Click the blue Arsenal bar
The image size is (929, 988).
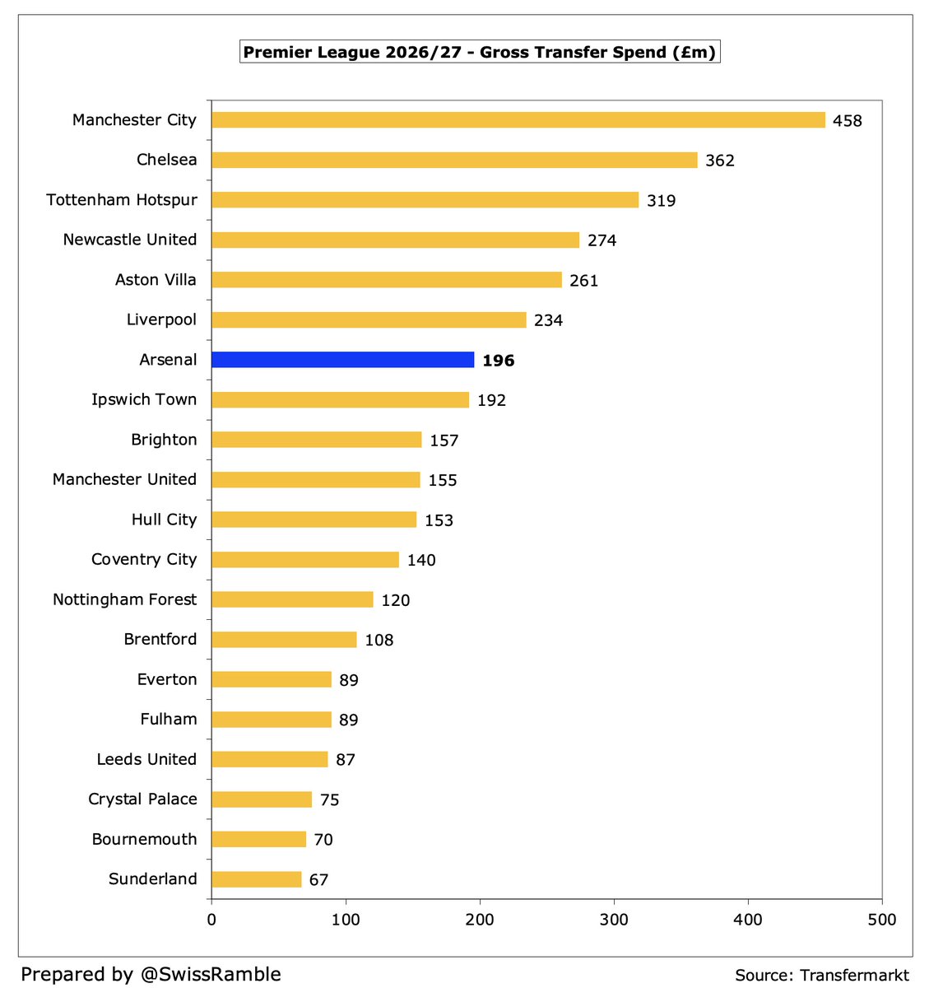(x=342, y=360)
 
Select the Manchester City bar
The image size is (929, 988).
(x=518, y=120)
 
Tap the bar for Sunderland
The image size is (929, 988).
(x=257, y=879)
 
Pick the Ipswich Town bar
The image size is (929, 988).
(x=340, y=399)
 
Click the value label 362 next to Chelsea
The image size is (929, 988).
(x=720, y=161)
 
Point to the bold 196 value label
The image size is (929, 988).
(x=499, y=360)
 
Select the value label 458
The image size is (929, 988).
(x=848, y=120)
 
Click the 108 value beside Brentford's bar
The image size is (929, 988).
(x=379, y=640)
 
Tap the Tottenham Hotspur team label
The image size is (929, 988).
(x=122, y=199)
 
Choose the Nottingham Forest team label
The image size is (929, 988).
(x=125, y=599)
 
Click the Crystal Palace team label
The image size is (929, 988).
(x=142, y=799)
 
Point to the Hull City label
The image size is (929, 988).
(x=164, y=520)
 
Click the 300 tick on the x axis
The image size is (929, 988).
(x=614, y=920)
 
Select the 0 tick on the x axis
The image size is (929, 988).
(x=211, y=920)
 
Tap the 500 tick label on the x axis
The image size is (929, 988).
(x=882, y=920)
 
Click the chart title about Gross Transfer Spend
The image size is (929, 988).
(x=480, y=52)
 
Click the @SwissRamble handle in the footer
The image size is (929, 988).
(x=211, y=973)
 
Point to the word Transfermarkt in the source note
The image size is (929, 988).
(x=854, y=975)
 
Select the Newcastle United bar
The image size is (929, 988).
(x=395, y=240)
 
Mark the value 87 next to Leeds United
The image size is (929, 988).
(x=345, y=760)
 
